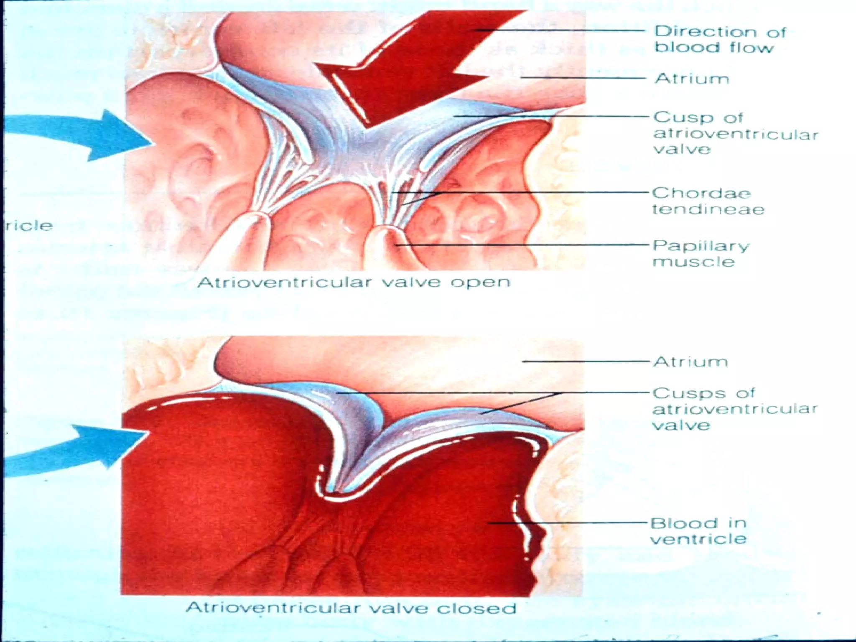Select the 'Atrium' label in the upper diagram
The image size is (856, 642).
692,79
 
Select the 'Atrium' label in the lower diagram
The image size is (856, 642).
690,362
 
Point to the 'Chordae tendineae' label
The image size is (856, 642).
708,201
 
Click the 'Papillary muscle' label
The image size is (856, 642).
701,253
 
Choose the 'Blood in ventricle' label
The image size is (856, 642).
698,531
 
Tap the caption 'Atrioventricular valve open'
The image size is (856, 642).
354,283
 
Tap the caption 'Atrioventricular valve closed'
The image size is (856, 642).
351,608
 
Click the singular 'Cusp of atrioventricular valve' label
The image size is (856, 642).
735,133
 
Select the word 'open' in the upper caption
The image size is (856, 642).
480,283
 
